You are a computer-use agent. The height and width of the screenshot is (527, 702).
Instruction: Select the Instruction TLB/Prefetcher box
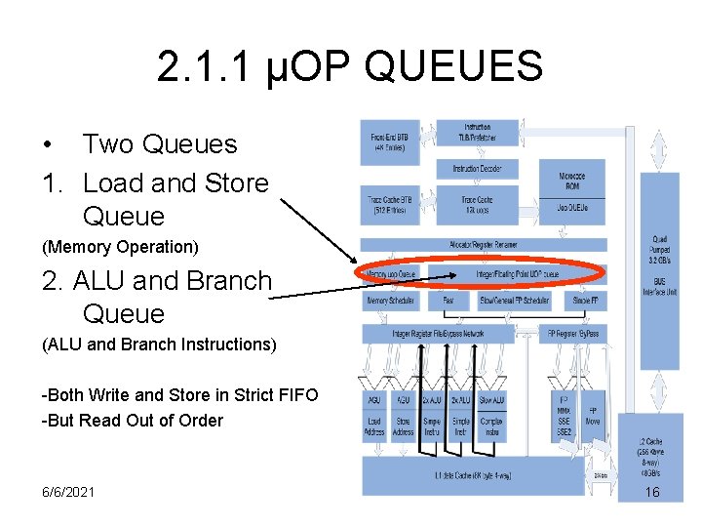click(x=477, y=133)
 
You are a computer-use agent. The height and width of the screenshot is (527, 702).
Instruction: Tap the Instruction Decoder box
click(x=477, y=168)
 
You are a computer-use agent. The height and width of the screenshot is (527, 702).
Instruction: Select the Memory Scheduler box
click(x=391, y=302)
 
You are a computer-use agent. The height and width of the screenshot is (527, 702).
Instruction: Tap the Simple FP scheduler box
click(x=589, y=302)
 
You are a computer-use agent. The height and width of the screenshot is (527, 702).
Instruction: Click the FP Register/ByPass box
click(x=573, y=333)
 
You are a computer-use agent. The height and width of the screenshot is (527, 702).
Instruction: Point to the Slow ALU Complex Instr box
click(x=492, y=416)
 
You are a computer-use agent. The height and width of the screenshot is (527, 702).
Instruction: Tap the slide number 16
click(x=652, y=492)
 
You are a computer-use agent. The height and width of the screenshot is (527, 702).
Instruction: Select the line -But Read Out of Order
click(x=132, y=421)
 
